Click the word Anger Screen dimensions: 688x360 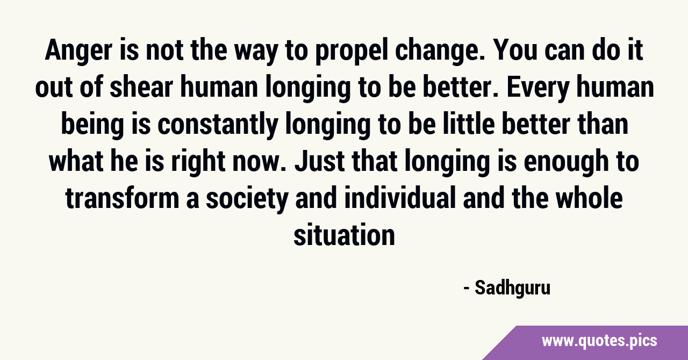tap(78, 51)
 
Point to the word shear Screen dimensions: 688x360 tap(141, 88)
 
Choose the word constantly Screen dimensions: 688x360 tap(218, 125)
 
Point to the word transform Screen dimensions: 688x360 tap(122, 198)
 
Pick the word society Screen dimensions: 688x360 tap(247, 199)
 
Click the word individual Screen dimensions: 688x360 tap(400, 198)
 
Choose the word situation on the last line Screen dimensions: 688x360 tap(344, 235)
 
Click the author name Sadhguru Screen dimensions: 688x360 tap(513, 289)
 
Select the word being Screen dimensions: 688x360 tap(92, 125)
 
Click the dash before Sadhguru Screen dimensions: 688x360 tap(467, 289)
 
